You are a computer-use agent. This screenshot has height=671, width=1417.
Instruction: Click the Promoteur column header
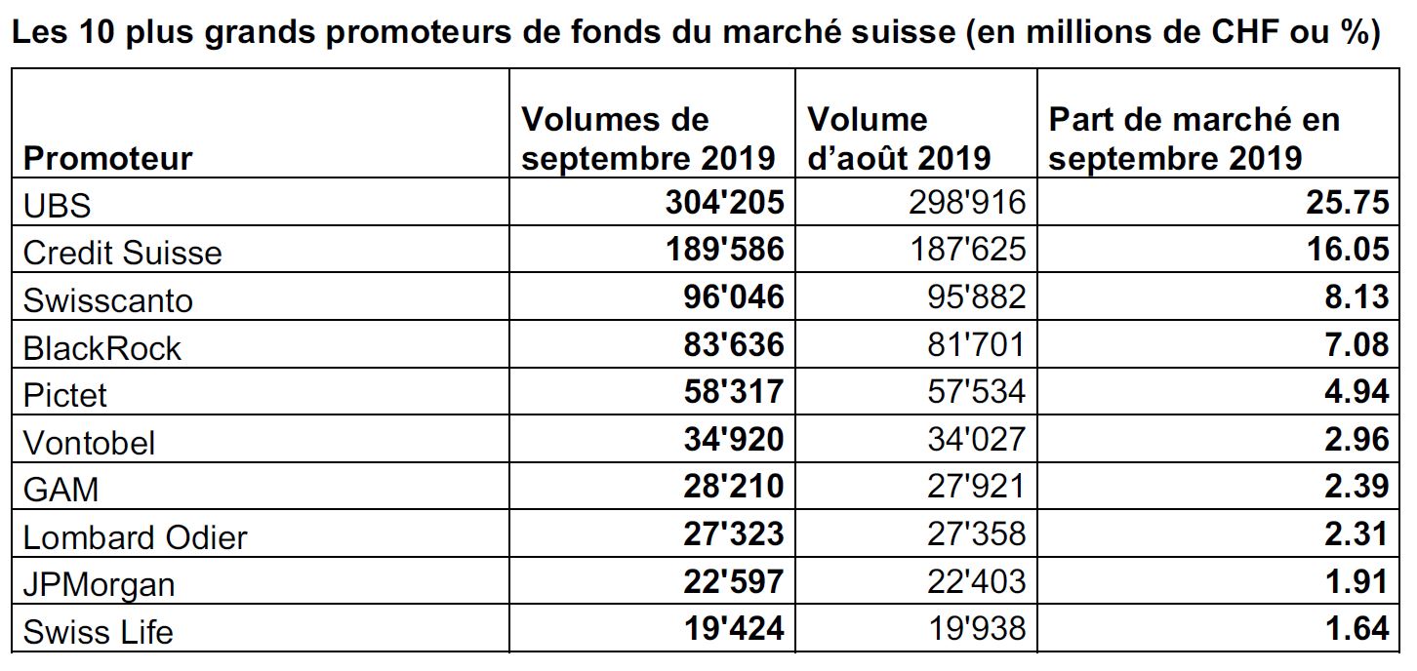pyautogui.click(x=107, y=157)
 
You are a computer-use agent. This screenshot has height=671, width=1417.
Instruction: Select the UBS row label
pyautogui.click(x=57, y=206)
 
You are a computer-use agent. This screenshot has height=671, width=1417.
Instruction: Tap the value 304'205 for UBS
pyautogui.click(x=724, y=203)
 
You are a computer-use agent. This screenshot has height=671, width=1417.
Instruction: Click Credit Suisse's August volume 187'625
pyautogui.click(x=968, y=249)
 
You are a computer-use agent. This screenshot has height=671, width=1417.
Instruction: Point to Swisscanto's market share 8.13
pyautogui.click(x=1356, y=297)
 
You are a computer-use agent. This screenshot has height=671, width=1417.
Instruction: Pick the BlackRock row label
pyautogui.click(x=101, y=348)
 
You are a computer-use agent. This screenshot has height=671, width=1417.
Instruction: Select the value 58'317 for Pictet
pyautogui.click(x=734, y=391)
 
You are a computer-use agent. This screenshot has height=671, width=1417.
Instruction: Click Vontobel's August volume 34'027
pyautogui.click(x=977, y=439)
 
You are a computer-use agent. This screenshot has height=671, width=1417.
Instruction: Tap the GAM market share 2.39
pyautogui.click(x=1356, y=487)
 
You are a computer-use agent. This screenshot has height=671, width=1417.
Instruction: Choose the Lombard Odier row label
pyautogui.click(x=135, y=537)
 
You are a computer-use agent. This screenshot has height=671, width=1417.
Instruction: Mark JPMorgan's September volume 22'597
pyautogui.click(x=734, y=581)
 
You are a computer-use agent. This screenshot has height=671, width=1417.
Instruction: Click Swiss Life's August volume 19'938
pyautogui.click(x=977, y=629)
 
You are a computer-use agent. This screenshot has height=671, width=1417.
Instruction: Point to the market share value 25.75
pyautogui.click(x=1348, y=203)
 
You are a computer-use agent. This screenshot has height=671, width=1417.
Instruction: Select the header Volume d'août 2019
pyautogui.click(x=899, y=138)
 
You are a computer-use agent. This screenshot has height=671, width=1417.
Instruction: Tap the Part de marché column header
pyautogui.click(x=1194, y=138)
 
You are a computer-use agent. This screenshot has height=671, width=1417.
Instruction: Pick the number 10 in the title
pyautogui.click(x=98, y=31)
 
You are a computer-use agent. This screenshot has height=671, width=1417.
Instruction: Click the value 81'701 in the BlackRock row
pyautogui.click(x=977, y=344)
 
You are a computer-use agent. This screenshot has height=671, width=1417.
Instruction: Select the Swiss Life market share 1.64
pyautogui.click(x=1356, y=629)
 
